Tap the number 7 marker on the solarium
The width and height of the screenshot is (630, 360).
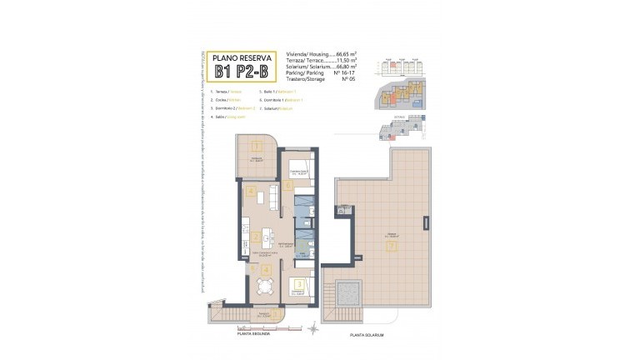pyautogui.click(x=389, y=246)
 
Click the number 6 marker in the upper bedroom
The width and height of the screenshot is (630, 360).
pyautogui.click(x=287, y=185)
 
